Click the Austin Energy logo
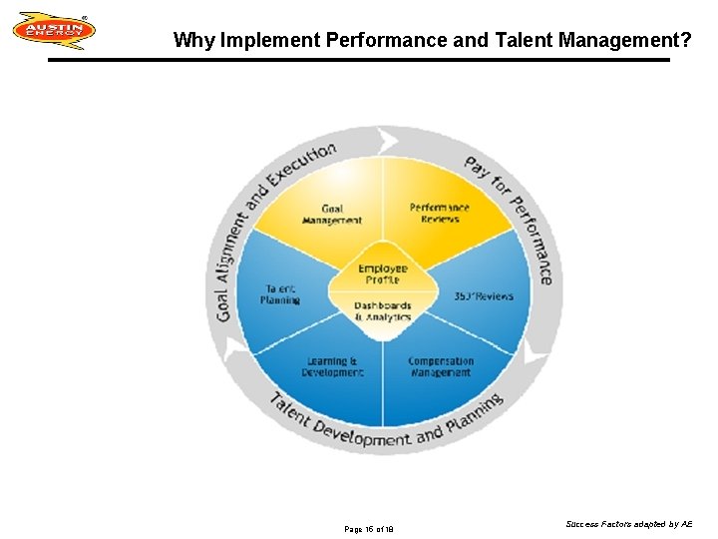coord(54,30)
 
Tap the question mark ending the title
coord(686,40)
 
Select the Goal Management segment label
coord(332,215)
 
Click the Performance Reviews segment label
coord(439,214)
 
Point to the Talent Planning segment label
coord(280,293)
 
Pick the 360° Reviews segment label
coord(484,295)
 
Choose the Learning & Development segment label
coord(332,366)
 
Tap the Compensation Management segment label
coord(440,366)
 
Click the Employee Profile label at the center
coord(383,273)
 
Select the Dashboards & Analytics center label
coord(383,311)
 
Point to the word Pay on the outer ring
coord(477,169)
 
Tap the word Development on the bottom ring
coord(360,435)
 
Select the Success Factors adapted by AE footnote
coord(628,523)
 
